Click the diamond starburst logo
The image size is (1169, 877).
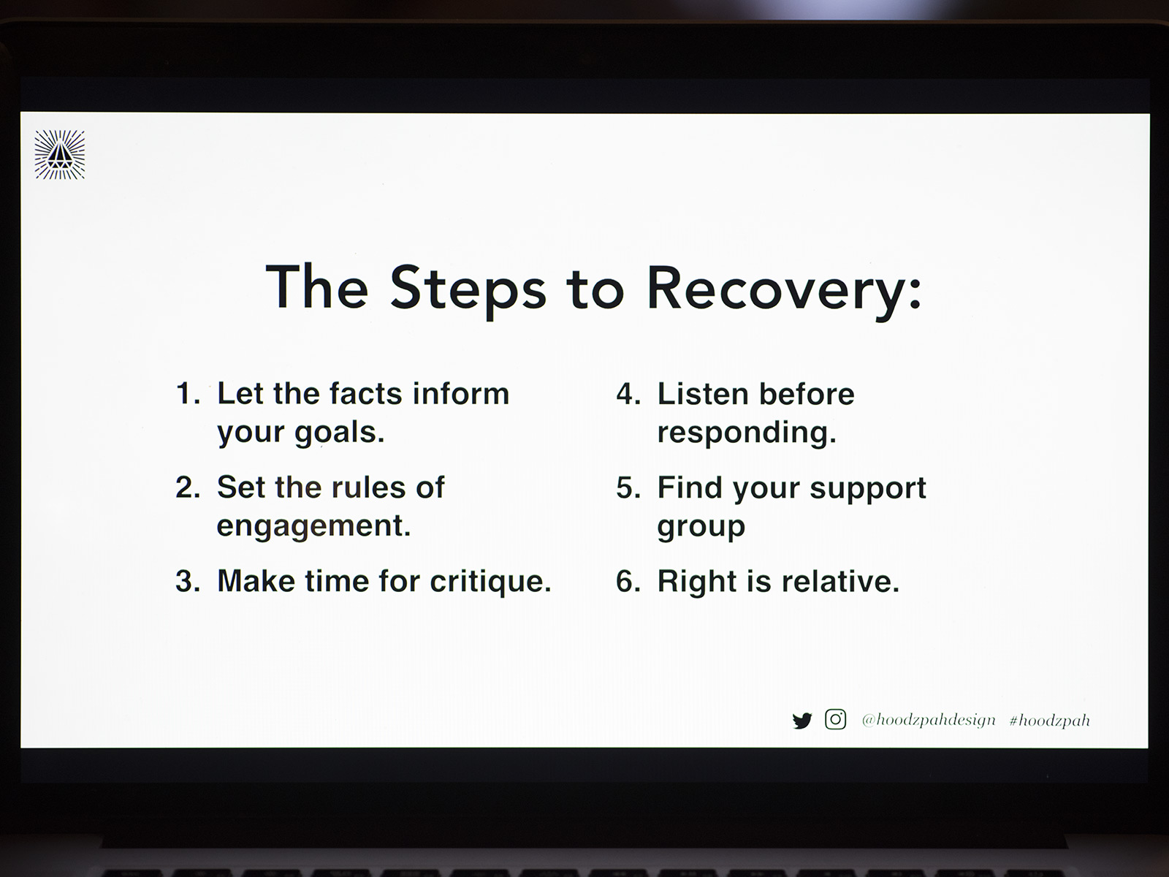pyautogui.click(x=60, y=154)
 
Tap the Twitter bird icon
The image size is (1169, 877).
pyautogui.click(x=801, y=721)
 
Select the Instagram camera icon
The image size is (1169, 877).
pyautogui.click(x=835, y=719)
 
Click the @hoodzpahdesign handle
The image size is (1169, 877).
pyautogui.click(x=929, y=721)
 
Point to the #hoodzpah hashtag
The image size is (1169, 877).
pyautogui.click(x=1049, y=721)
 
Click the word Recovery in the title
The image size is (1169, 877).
pyautogui.click(x=783, y=290)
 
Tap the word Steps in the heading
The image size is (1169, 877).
pyautogui.click(x=468, y=290)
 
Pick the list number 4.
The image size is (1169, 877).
pyautogui.click(x=628, y=394)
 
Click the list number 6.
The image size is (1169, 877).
pyautogui.click(x=628, y=581)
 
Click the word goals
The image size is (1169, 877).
pyautogui.click(x=340, y=433)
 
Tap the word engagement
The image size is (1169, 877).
pyautogui.click(x=313, y=526)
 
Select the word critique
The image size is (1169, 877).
pyautogui.click(x=490, y=581)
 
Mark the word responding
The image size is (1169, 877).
pyautogui.click(x=747, y=433)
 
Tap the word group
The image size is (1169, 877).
pyautogui.click(x=701, y=527)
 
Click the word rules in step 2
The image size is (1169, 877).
pyautogui.click(x=368, y=487)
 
